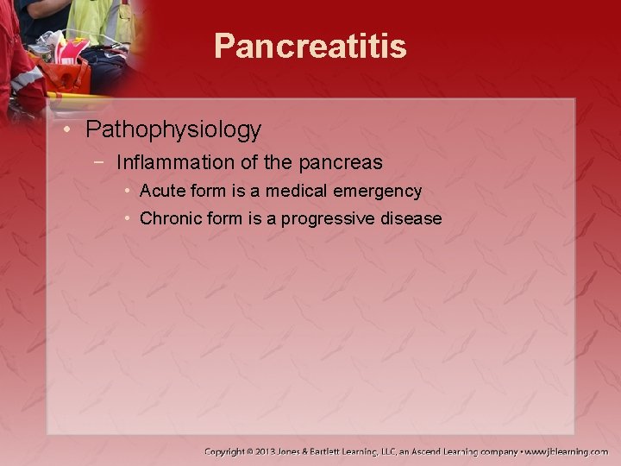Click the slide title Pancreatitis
(310, 47)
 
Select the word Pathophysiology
(173, 130)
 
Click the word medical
(293, 191)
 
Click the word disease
(411, 218)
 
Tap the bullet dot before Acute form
(127, 191)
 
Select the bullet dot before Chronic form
(127, 218)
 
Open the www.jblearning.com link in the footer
(568, 451)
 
